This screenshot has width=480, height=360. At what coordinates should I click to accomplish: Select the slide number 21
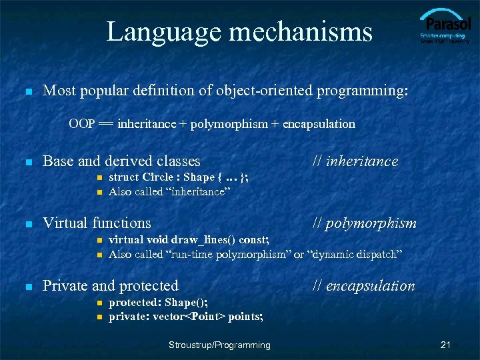(446, 345)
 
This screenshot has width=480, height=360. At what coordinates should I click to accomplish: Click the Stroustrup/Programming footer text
(219, 345)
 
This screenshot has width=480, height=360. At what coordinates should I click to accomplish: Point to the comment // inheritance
(355, 161)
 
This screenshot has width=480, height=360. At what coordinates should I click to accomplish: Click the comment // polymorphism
(365, 223)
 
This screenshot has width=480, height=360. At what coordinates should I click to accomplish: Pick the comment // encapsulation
(364, 286)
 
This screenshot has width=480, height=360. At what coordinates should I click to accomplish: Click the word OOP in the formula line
(81, 124)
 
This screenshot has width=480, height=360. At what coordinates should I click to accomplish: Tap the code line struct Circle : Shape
(179, 177)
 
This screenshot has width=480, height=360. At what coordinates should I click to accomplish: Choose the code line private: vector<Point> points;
(186, 317)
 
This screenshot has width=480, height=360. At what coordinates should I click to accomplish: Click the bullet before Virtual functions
(27, 224)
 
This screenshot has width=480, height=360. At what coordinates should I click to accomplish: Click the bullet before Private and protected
(27, 287)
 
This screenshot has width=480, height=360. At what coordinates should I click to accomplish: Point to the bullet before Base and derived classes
(27, 161)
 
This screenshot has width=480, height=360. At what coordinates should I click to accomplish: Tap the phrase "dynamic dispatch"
(355, 254)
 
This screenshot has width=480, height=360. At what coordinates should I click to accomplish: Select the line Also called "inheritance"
(169, 191)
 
